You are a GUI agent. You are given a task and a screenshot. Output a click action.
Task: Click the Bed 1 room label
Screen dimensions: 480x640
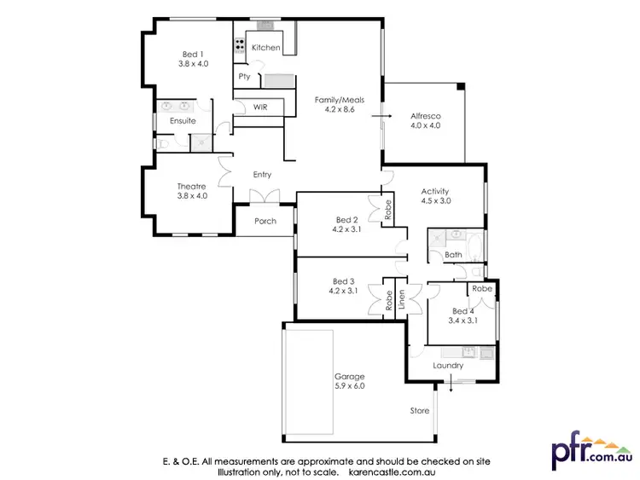(x=193, y=55)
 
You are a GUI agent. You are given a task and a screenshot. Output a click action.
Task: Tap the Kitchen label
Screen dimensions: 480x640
(x=265, y=48)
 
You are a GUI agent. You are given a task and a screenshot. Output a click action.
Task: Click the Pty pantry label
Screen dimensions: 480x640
(x=244, y=77)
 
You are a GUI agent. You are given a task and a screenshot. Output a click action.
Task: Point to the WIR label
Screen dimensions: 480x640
(x=260, y=107)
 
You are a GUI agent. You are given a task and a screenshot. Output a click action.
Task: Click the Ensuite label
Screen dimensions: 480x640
(x=183, y=121)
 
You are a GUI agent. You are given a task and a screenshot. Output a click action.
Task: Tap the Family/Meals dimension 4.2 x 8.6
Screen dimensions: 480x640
(x=339, y=110)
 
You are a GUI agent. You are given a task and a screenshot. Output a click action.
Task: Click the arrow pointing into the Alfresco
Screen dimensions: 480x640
(x=387, y=114)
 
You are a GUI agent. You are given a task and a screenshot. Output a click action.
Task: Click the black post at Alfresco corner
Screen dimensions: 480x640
(x=461, y=85)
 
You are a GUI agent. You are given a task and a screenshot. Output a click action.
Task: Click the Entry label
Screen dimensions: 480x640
(x=262, y=175)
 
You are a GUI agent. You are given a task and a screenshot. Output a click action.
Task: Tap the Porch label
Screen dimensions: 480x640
(x=265, y=221)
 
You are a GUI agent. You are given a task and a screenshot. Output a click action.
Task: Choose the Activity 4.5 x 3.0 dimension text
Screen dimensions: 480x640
(x=435, y=202)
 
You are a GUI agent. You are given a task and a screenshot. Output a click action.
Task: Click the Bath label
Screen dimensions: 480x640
(x=453, y=255)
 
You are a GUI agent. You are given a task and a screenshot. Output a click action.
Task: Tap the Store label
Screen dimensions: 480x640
(x=419, y=411)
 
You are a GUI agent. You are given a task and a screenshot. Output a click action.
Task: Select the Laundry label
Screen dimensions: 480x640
(x=448, y=366)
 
